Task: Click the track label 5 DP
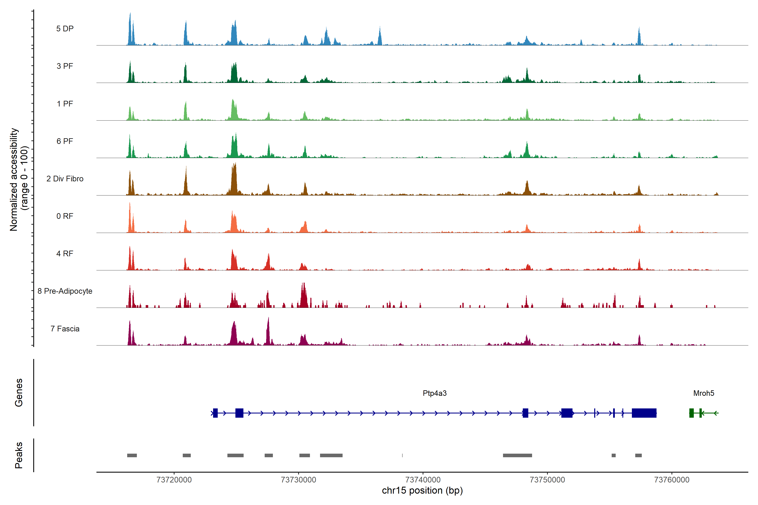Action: tap(65, 29)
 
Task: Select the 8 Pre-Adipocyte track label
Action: tap(65, 291)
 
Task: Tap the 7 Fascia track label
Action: tap(65, 329)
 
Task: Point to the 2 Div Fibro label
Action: tap(65, 179)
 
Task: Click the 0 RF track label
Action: tap(65, 216)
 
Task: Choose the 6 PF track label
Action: tap(65, 141)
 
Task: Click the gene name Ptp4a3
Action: tap(434, 393)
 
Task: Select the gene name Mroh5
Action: tap(703, 393)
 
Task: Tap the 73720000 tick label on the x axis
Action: tap(174, 480)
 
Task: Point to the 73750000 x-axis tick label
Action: tap(547, 480)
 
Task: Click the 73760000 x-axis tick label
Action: tap(672, 480)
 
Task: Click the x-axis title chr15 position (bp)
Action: tap(422, 490)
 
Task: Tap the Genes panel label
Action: tap(19, 393)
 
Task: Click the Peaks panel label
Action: tap(19, 455)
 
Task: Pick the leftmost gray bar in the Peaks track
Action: tap(132, 455)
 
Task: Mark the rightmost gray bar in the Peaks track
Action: tap(638, 455)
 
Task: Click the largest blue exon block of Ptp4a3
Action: tap(644, 413)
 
